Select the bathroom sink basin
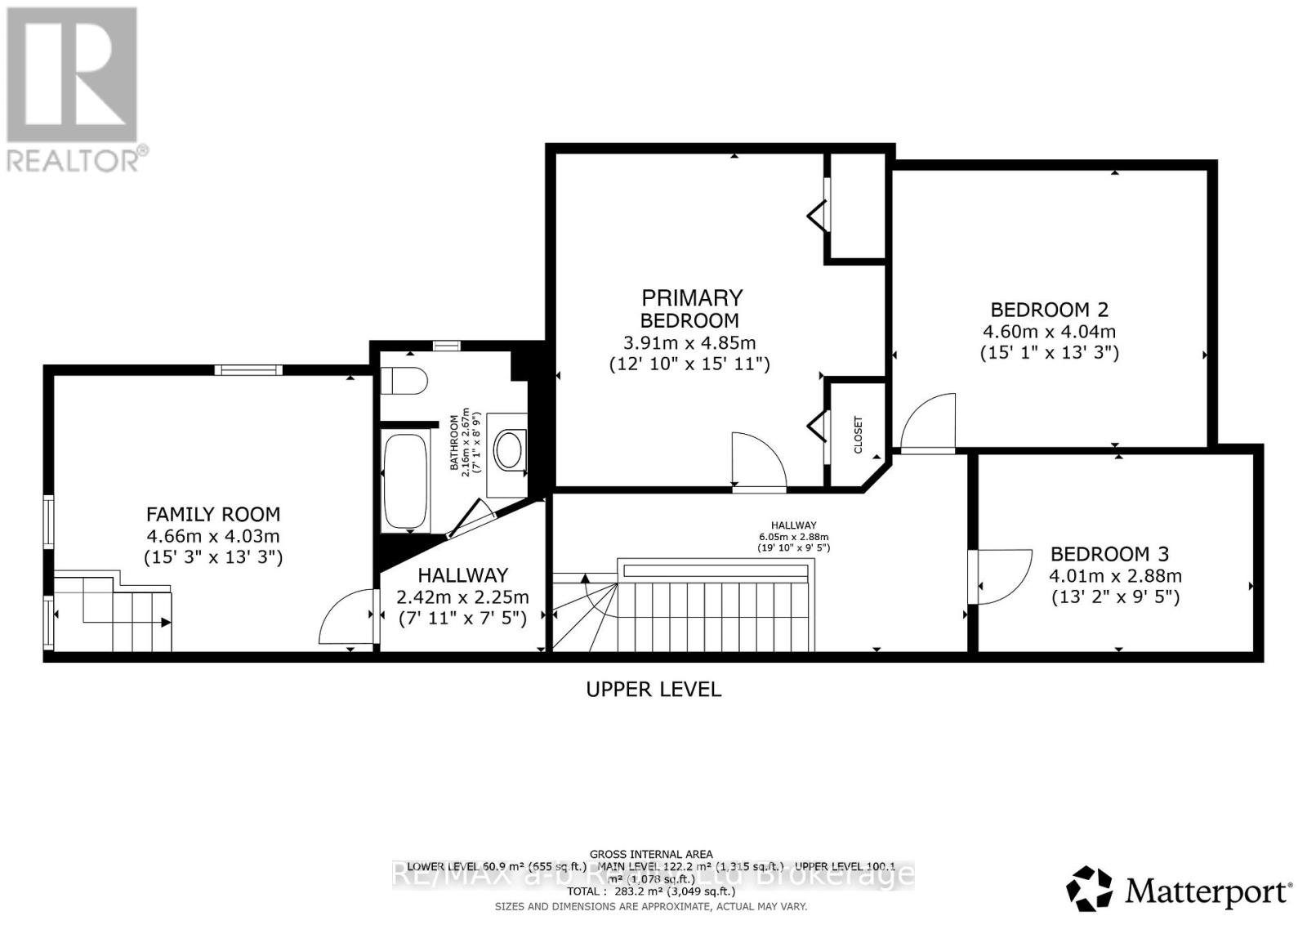pos(511,449)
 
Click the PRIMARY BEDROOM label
pos(691,308)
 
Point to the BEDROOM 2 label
pos(1049,310)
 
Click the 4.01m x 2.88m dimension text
pos(1115,575)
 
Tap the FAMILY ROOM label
pos(213,514)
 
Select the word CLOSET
pos(858,435)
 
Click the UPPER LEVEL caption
pos(653,689)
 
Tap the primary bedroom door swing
pos(757,462)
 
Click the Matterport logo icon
pos(1089,889)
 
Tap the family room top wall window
pos(248,370)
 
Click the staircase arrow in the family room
pos(166,623)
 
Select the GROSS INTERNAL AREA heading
pos(651,854)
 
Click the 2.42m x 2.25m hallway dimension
pos(462,597)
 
